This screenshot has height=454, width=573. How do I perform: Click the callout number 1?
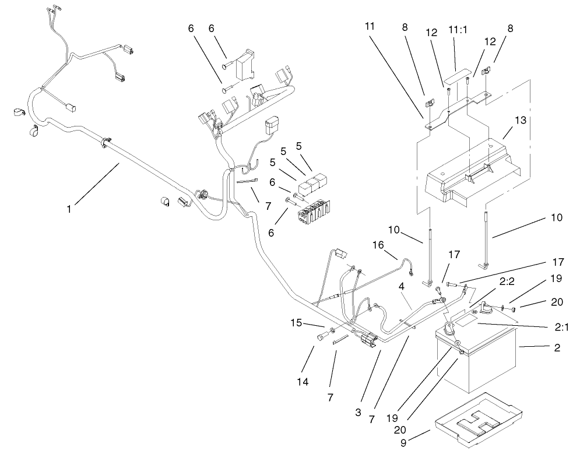click(69, 207)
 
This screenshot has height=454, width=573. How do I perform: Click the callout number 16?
click(378, 245)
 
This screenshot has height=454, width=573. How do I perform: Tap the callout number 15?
click(296, 322)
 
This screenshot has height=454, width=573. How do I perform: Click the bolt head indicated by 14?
click(321, 337)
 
